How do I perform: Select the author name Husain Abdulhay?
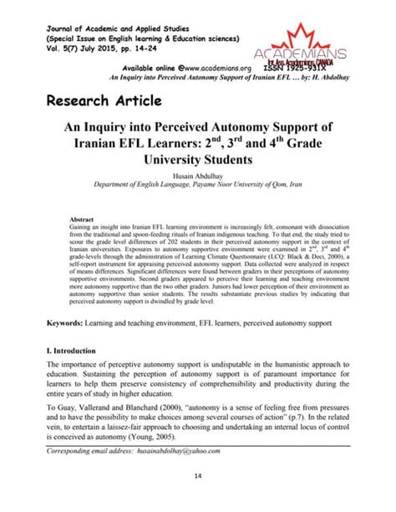198,177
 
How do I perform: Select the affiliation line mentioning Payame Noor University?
198,188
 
